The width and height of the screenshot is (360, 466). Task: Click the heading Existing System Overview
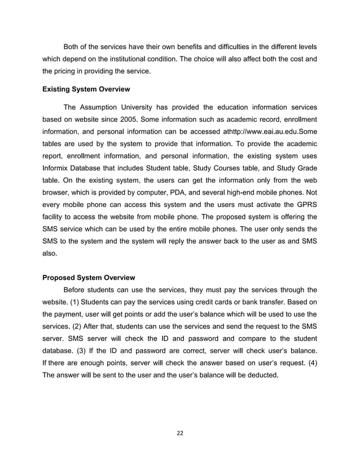(86, 89)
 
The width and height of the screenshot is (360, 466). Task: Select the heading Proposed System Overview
(89, 278)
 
